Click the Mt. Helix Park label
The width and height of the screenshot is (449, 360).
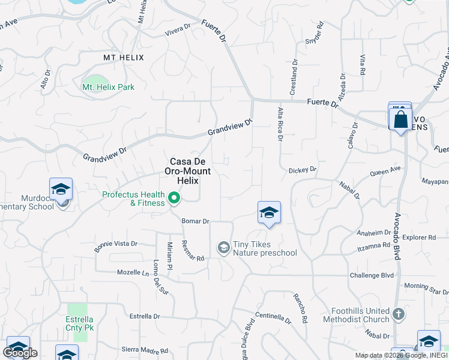[108, 87]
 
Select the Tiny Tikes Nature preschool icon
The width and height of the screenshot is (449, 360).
[223, 247]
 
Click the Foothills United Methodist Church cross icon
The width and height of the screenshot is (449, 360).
[397, 314]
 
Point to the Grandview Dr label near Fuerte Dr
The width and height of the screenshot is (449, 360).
[231, 126]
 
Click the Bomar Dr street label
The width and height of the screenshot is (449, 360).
[195, 221]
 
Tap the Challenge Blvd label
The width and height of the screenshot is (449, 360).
[372, 275]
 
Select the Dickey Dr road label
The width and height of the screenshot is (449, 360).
[302, 170]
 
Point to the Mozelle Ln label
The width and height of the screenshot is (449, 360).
[133, 272]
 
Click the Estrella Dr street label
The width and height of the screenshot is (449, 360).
[145, 316]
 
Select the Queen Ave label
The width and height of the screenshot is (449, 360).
[385, 173]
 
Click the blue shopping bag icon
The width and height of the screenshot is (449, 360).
[400, 118]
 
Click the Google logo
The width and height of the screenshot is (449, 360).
[20, 353]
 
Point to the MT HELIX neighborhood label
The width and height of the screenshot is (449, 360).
[123, 57]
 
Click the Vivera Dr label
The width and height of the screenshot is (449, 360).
[177, 27]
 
